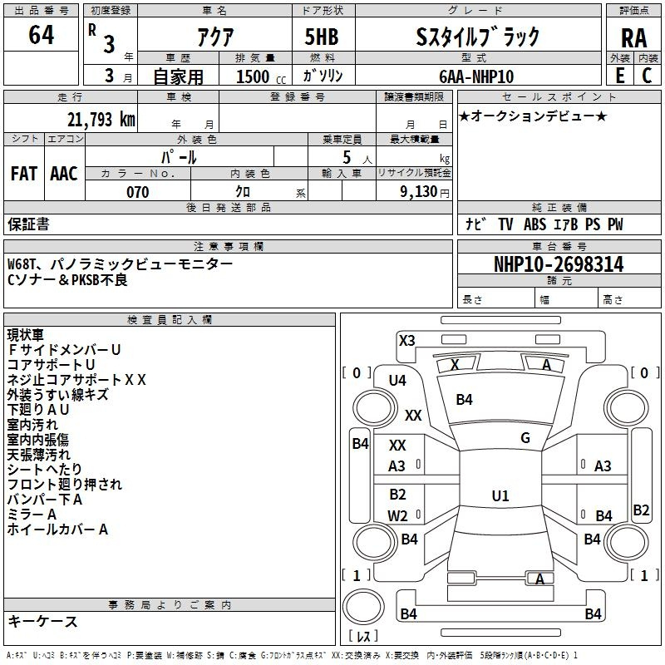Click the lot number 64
coord(41,36)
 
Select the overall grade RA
coord(633,37)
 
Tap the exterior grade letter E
coord(619,75)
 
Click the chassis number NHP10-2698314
coord(559,264)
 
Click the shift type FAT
coord(23,173)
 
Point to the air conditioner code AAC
coord(63,173)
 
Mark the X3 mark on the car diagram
coord(407,340)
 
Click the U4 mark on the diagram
coord(397,381)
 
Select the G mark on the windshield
coord(525,438)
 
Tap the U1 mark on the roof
coord(500,496)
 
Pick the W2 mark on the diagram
coord(398,515)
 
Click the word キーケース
coord(42,621)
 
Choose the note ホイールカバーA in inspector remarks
coord(57,529)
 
